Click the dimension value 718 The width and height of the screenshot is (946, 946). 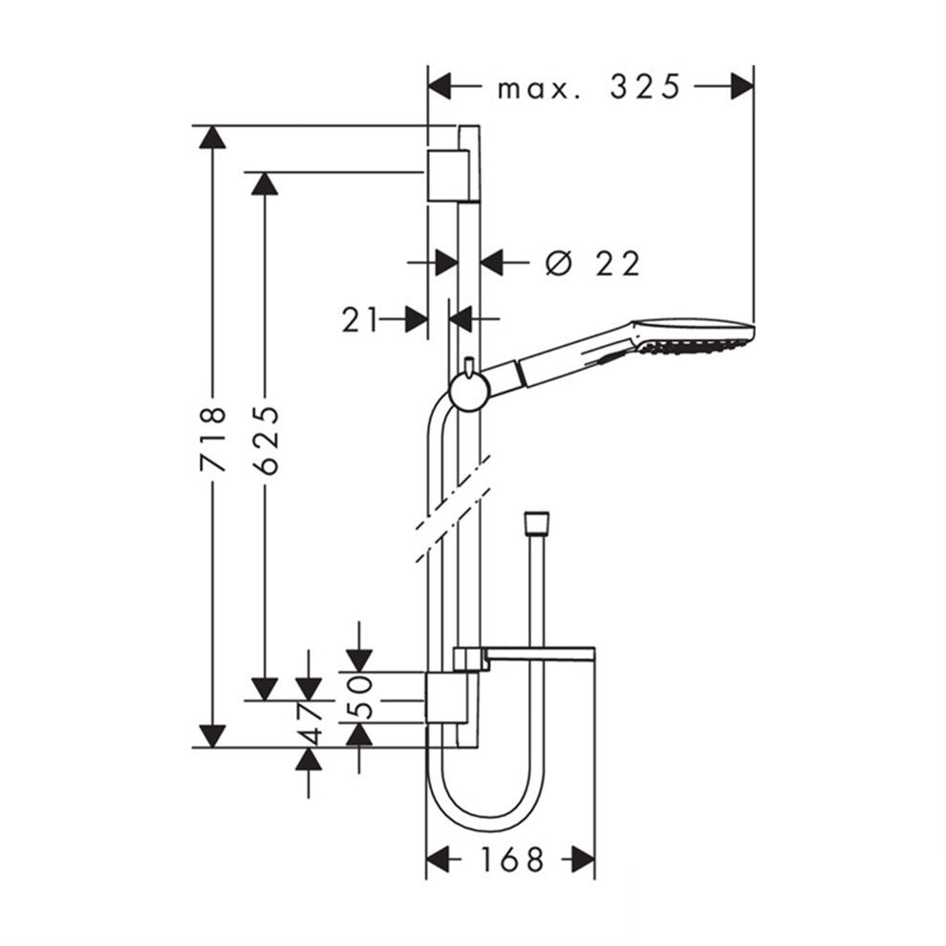(213, 440)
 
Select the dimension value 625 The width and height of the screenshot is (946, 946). (267, 440)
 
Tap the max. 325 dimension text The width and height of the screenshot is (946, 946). (588, 88)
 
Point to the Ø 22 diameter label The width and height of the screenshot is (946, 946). (592, 263)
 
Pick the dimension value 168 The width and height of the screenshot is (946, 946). (510, 859)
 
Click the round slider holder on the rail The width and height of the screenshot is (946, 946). (469, 390)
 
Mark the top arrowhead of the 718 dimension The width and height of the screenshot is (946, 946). (212, 137)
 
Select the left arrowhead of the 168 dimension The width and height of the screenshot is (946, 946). (438, 859)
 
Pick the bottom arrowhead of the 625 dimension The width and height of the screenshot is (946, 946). (265, 688)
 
